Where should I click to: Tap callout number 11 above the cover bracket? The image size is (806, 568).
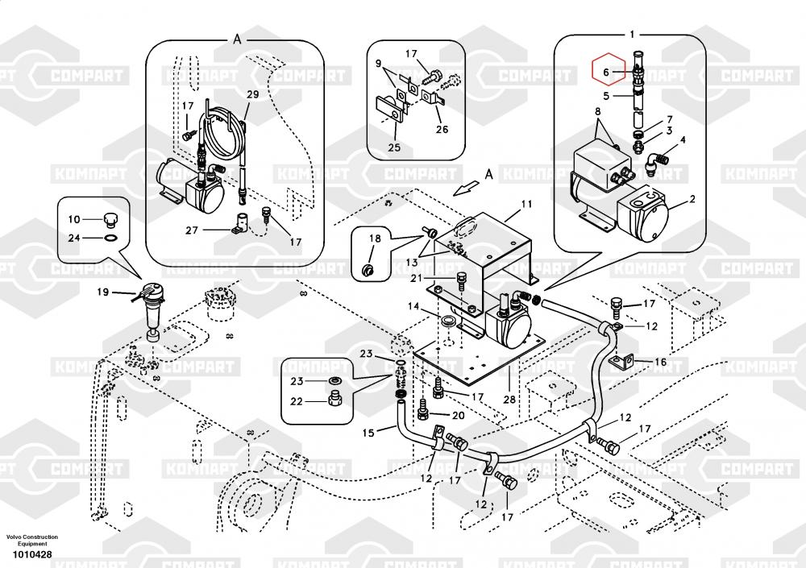526,205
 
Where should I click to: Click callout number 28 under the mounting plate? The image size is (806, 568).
509,400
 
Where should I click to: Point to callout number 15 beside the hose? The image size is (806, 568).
368,433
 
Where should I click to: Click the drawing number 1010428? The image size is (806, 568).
31,554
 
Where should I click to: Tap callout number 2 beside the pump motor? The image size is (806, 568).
692,199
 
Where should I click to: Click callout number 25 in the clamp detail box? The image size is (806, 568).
393,147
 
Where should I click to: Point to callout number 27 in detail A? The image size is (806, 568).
192,230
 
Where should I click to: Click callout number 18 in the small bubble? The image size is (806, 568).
374,238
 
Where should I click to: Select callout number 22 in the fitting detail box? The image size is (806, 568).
297,401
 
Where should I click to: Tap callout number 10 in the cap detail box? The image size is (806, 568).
73,219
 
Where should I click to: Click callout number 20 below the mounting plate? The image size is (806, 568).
458,416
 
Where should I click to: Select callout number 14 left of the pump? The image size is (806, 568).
413,307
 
